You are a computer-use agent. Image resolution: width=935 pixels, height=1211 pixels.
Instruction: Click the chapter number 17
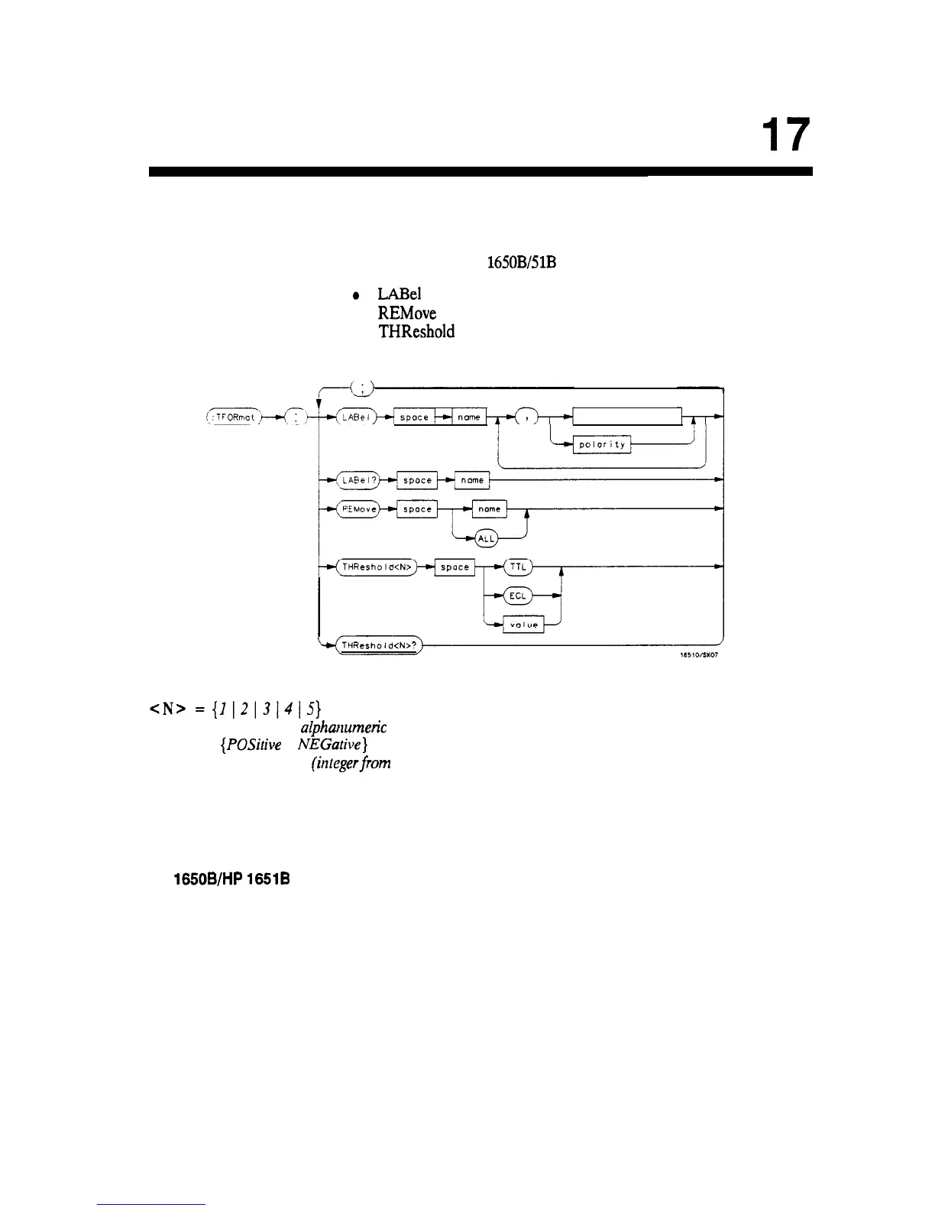pos(785,136)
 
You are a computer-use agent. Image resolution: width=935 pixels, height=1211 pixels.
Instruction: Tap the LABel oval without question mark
pos(355,417)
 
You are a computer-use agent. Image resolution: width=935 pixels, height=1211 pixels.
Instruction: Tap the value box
pos(523,625)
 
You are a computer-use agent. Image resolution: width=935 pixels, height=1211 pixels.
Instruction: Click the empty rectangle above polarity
pos(626,417)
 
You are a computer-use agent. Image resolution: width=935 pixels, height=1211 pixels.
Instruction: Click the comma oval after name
pos(527,417)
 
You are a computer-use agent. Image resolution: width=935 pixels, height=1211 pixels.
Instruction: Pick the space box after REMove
pos(417,509)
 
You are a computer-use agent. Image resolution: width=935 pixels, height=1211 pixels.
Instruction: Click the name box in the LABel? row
pos(472,480)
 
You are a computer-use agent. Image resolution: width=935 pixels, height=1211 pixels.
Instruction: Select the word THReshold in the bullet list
pos(416,332)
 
